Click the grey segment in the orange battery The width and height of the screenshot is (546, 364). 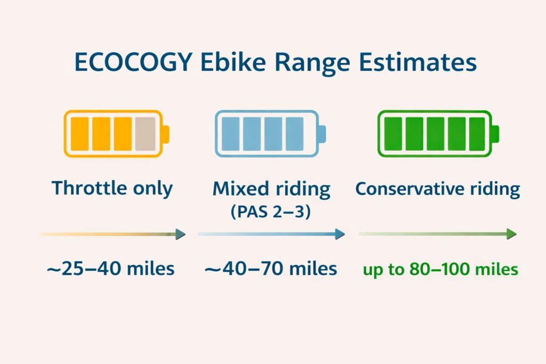click(x=145, y=134)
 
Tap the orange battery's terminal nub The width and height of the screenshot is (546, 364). click(x=165, y=134)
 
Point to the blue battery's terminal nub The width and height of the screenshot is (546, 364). click(x=322, y=134)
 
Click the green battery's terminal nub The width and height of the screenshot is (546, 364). click(x=495, y=134)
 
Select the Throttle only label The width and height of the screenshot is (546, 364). click(x=113, y=188)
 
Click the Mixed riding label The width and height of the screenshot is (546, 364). click(x=271, y=189)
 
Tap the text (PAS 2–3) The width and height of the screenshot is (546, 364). click(x=271, y=211)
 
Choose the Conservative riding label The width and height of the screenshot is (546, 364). click(x=437, y=189)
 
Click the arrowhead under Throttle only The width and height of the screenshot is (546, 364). click(x=180, y=234)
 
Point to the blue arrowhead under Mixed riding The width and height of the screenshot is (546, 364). click(x=339, y=234)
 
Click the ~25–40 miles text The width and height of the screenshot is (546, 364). click(x=111, y=269)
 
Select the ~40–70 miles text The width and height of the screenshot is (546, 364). click(x=271, y=269)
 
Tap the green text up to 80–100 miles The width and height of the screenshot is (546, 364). click(x=440, y=269)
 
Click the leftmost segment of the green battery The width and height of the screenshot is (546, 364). click(x=394, y=134)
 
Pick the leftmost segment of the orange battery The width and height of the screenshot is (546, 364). click(x=79, y=134)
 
